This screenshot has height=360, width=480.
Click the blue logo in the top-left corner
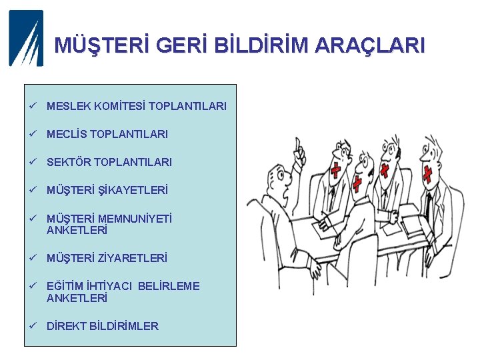point(26,38)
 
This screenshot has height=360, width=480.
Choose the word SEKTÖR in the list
point(69,162)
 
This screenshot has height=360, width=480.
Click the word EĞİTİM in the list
point(65,286)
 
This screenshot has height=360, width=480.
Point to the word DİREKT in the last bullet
point(66,326)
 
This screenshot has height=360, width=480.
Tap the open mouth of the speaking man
point(287,195)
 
